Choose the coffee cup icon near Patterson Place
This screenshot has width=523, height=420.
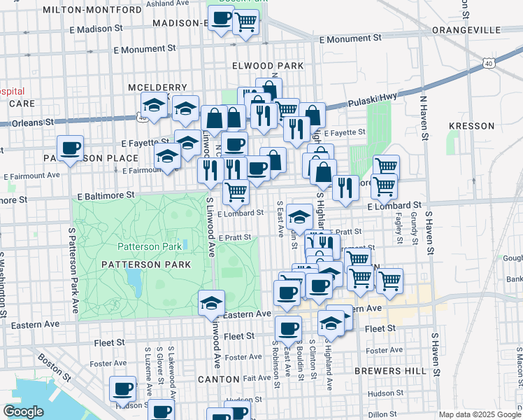click(71, 148)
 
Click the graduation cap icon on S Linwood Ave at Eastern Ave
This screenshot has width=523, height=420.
click(211, 303)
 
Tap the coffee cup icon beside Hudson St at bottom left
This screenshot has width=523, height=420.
click(123, 388)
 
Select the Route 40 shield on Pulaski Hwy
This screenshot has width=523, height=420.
click(488, 63)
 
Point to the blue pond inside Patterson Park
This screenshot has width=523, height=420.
click(133, 280)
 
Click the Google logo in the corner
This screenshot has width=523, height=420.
click(24, 412)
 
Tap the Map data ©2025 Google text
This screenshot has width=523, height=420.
click(478, 414)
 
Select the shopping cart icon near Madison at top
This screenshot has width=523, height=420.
click(245, 22)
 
